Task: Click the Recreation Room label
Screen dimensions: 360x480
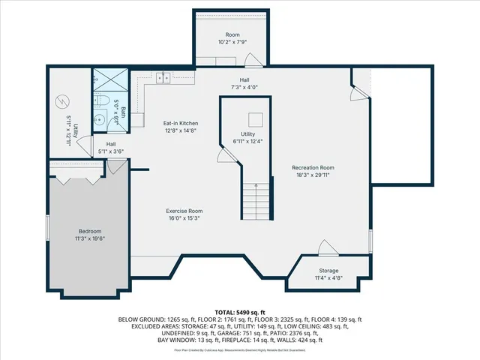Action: tap(313, 171)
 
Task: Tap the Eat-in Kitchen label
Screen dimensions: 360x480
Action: tap(180, 126)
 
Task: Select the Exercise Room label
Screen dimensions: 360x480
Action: tap(184, 215)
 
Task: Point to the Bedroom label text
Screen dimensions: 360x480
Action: tap(90, 235)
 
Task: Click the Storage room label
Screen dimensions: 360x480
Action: tap(328, 274)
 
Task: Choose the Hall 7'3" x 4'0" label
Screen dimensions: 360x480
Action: tap(244, 84)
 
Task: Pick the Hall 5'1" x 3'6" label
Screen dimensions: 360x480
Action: tap(111, 148)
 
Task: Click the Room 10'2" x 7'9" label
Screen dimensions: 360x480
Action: tap(232, 39)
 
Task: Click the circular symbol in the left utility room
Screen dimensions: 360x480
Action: tap(62, 100)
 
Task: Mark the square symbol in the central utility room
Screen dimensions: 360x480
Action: tap(256, 118)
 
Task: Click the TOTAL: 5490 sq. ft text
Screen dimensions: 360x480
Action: tap(240, 312)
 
